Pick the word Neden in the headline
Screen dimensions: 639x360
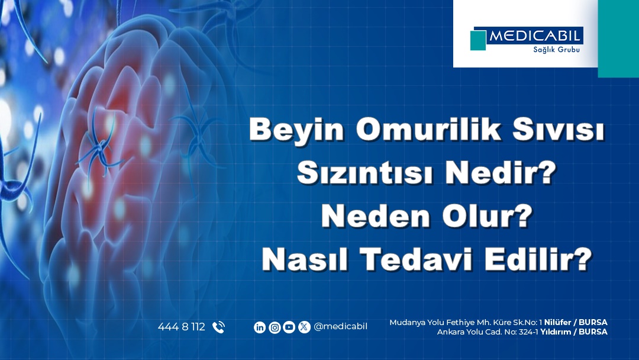[x=375, y=216]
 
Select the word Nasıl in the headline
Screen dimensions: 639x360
[x=305, y=259]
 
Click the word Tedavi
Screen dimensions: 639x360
[x=416, y=259]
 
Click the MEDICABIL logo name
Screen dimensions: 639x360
[x=534, y=36]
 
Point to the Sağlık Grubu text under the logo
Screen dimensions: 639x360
[x=556, y=50]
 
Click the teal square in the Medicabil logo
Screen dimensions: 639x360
[x=478, y=40]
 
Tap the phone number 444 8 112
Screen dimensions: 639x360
[x=182, y=327]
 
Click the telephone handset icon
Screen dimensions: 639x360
[x=218, y=327]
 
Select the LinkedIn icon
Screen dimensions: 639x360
[x=260, y=327]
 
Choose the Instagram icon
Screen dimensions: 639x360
[x=275, y=327]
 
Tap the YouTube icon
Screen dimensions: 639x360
[x=289, y=327]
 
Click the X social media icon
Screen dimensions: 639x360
[x=304, y=327]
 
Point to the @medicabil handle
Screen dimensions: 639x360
[x=341, y=327]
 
